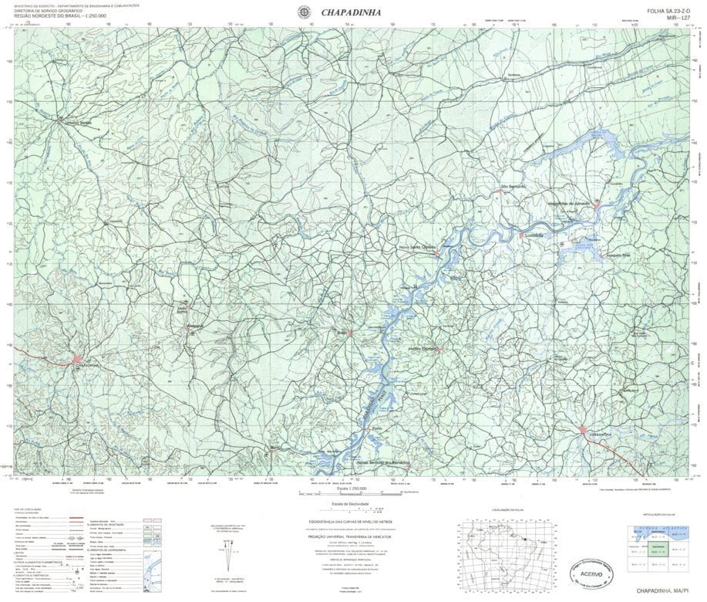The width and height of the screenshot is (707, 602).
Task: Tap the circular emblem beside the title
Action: point(305,11)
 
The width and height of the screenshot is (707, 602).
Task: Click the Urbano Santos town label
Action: point(77,123)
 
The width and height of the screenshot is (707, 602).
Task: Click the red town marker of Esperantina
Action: point(584,429)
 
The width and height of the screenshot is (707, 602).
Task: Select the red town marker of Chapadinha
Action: point(77,360)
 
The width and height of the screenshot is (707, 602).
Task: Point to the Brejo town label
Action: point(343,332)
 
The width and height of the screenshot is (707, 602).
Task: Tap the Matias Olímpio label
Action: point(423,349)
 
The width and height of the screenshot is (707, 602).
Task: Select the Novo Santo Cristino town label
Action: point(417,247)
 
